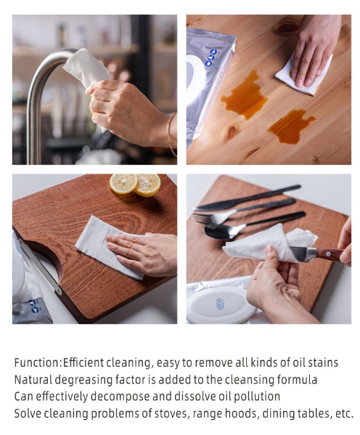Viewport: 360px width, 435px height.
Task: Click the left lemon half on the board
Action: [123, 184]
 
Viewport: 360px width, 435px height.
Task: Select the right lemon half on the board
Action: [148, 184]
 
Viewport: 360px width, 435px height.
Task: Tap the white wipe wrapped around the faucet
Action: [85, 68]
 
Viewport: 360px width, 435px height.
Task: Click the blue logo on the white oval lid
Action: [220, 304]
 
